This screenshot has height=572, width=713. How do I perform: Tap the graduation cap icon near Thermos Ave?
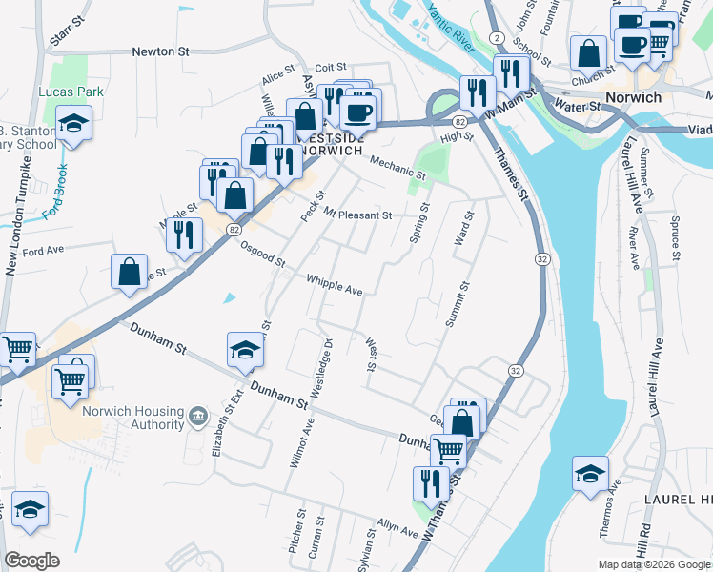590,473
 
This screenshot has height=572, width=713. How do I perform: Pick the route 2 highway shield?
497,62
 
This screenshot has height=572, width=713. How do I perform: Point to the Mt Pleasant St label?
357,214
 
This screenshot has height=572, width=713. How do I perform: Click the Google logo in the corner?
31,561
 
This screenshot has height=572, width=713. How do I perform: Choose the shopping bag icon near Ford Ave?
130,272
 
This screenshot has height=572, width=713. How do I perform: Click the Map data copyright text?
653,564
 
